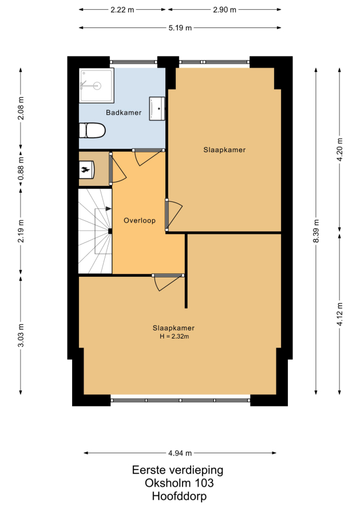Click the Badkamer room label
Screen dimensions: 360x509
tap(124, 113)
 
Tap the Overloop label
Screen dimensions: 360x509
tap(140, 221)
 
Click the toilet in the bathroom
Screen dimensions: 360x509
tap(92, 130)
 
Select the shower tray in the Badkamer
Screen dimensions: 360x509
tap(97, 85)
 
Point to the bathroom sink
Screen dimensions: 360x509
tap(157, 109)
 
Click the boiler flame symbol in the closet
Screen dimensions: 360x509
tap(85, 170)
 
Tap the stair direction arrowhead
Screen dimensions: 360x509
tap(109, 209)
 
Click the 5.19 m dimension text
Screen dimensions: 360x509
tap(180, 28)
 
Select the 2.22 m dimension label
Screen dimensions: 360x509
tap(122, 10)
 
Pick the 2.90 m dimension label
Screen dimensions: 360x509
tap(224, 10)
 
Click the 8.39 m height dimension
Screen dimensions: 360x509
tap(317, 231)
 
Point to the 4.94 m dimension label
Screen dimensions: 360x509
tap(180, 453)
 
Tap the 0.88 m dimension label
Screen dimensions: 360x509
tap(21, 169)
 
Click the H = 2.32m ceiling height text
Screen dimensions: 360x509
tap(174, 337)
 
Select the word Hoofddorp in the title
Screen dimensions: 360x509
tap(179, 496)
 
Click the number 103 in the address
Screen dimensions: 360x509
tap(204, 483)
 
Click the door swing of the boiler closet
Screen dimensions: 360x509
tap(118, 169)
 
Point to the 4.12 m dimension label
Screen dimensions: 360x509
tap(340, 314)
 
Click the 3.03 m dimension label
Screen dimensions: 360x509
tap(21, 336)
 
